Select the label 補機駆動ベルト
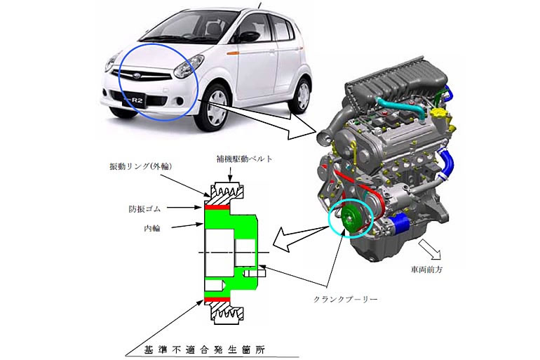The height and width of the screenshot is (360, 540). point(244,159)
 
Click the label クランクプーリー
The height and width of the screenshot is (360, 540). point(346,299)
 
